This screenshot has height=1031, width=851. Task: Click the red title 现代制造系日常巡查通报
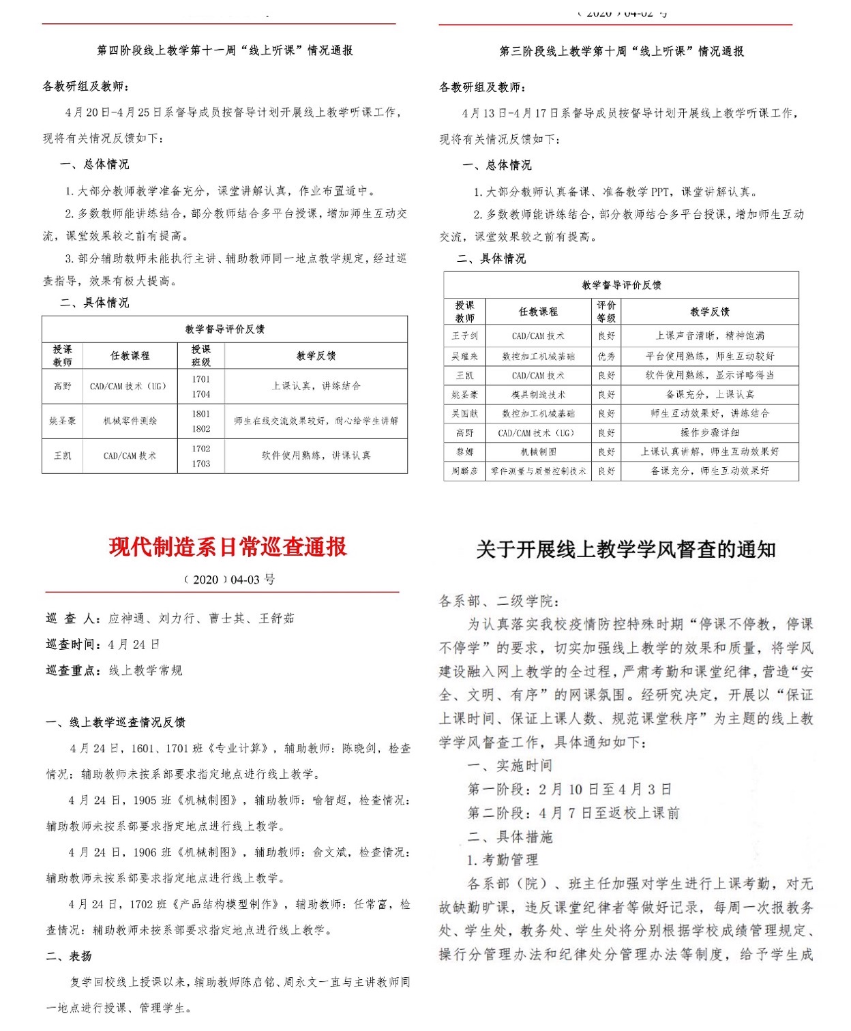(228, 547)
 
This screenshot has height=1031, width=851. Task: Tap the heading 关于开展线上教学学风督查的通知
(625, 550)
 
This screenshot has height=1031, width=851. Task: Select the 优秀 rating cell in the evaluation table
(606, 356)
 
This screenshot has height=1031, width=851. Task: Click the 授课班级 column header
(200, 355)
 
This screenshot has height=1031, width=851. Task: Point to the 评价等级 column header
(606, 312)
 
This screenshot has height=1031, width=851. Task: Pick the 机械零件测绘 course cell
(130, 421)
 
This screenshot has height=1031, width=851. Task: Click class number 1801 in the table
(200, 414)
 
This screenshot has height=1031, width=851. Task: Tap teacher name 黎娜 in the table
(464, 451)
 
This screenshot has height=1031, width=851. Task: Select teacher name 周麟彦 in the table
(464, 470)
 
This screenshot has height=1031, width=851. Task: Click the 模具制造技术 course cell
(538, 394)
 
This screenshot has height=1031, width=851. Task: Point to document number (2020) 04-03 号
(228, 580)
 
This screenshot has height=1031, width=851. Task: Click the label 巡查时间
(74, 644)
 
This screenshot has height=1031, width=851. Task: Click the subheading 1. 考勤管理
(503, 860)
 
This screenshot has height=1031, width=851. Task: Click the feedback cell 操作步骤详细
(709, 432)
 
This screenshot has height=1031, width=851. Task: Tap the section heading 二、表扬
(69, 956)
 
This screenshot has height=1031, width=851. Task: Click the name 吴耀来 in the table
(464, 356)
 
